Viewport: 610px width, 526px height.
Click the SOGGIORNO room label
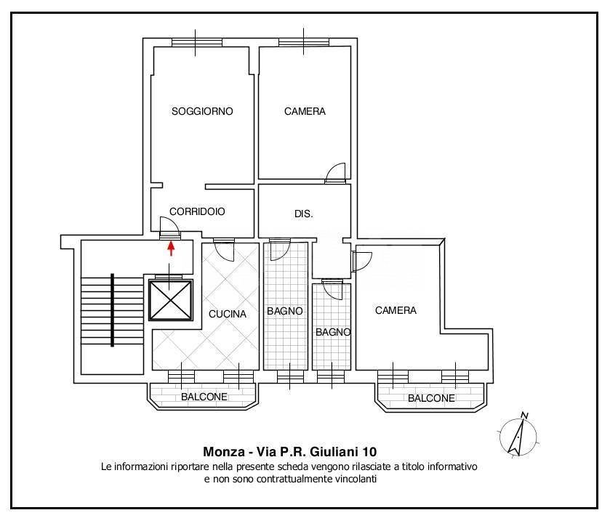(x=202, y=111)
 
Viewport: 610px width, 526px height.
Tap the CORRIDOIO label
(x=197, y=211)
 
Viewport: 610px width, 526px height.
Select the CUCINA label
(x=228, y=315)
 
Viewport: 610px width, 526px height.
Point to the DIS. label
(x=303, y=214)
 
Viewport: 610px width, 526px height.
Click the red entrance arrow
(x=172, y=248)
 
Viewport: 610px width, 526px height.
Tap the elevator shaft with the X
(x=170, y=299)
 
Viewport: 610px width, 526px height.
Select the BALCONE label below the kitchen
(x=204, y=397)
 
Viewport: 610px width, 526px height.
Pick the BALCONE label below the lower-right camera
(x=431, y=398)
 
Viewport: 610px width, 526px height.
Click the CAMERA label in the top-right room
(x=305, y=111)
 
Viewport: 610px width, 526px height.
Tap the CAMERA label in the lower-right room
(x=396, y=310)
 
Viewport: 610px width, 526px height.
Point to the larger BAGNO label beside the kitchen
(x=284, y=311)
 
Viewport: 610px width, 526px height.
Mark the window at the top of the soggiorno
(x=197, y=41)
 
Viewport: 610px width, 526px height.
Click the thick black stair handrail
(x=112, y=309)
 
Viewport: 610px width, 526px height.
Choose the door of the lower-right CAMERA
(x=361, y=260)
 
